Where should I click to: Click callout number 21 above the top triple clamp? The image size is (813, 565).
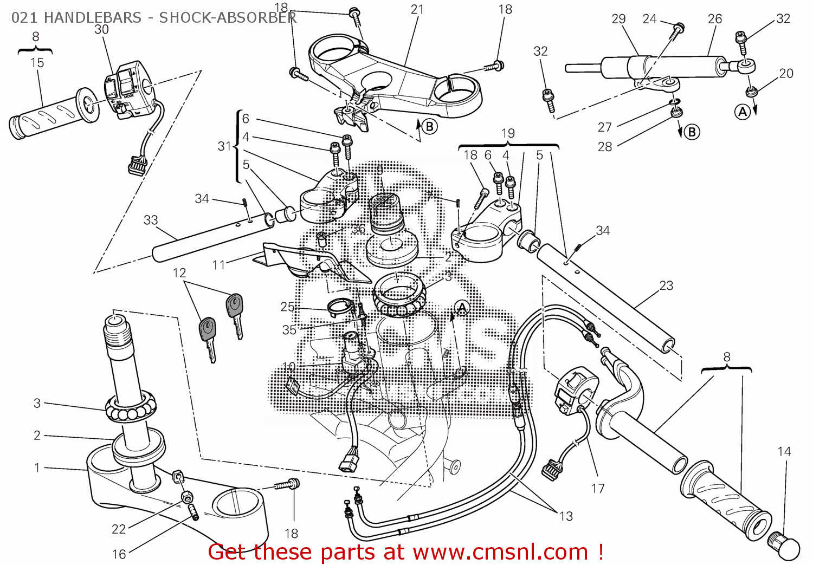point(417,9)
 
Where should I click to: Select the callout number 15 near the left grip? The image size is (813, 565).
point(37,63)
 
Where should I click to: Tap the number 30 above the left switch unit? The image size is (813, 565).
point(101,30)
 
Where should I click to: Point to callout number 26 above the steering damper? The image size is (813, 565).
point(715,19)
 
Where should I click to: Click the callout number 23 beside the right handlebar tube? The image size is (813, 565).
point(666,285)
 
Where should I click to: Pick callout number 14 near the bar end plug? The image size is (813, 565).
point(784,451)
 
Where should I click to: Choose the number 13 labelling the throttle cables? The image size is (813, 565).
point(566,516)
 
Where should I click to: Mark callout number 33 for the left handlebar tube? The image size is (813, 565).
point(151,220)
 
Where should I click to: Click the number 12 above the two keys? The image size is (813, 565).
point(179,273)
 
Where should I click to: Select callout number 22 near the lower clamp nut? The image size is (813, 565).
point(119,529)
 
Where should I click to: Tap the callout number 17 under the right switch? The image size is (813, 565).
point(598,489)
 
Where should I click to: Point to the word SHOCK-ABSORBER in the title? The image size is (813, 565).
point(228,17)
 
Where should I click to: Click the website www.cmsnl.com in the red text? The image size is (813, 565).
point(500,552)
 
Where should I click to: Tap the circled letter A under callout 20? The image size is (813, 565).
point(743,112)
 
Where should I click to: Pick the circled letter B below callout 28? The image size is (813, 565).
point(692,132)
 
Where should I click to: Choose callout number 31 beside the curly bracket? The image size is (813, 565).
point(224,146)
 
